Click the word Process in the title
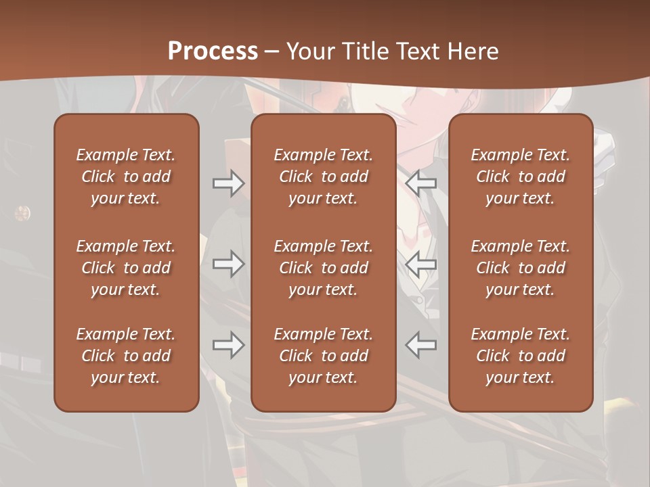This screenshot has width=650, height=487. coord(213,51)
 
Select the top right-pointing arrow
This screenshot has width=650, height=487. coord(229,183)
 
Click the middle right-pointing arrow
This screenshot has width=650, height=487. coord(229,264)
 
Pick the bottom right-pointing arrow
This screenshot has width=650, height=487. coord(229,345)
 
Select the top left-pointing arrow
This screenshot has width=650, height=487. coord(421,183)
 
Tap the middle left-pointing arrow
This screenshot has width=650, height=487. coord(421,264)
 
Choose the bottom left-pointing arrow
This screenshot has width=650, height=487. coord(421,345)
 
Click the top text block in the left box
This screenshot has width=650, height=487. coord(126,177)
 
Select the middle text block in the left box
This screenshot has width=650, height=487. coord(126,268)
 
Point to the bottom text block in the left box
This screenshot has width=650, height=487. coord(126,356)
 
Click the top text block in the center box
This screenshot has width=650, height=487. coord(323,177)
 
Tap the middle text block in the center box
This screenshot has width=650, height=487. coord(323,268)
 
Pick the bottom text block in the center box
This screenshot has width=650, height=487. coord(323,356)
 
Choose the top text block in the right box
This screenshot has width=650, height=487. coord(521,177)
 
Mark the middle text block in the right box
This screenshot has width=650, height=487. coord(521,268)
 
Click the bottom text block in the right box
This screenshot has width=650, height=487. coord(521,356)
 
